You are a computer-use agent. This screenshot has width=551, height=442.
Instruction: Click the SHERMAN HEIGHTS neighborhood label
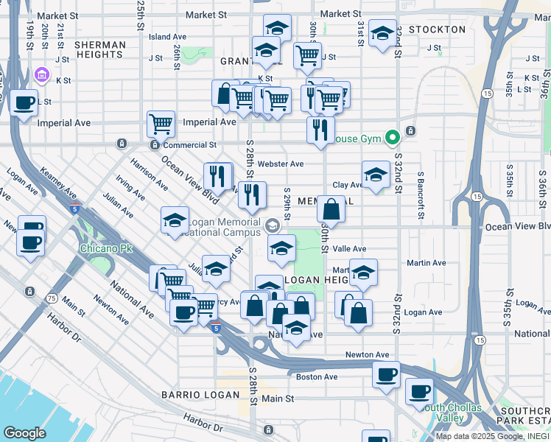[x=100, y=50]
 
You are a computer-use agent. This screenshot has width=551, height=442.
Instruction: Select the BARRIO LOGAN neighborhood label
[x=200, y=395]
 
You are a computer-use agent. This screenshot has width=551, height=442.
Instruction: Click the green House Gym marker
[x=393, y=137]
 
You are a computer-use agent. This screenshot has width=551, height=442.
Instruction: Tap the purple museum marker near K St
[x=41, y=75]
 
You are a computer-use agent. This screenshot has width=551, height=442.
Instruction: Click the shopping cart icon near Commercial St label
[x=161, y=123]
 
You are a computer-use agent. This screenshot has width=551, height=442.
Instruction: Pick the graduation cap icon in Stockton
[x=383, y=33]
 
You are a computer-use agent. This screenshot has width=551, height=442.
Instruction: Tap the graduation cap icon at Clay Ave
[x=376, y=175]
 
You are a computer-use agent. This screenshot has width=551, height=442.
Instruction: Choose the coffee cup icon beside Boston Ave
[x=386, y=375]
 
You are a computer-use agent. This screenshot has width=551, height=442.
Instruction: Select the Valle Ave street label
[x=349, y=250]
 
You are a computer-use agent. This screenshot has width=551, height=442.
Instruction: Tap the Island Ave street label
[x=167, y=36]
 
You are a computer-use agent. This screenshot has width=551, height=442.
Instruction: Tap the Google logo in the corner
[x=24, y=432]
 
